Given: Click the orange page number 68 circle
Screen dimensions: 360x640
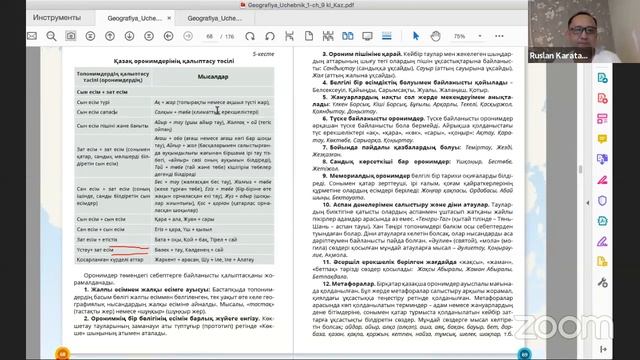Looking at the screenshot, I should (63, 353).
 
